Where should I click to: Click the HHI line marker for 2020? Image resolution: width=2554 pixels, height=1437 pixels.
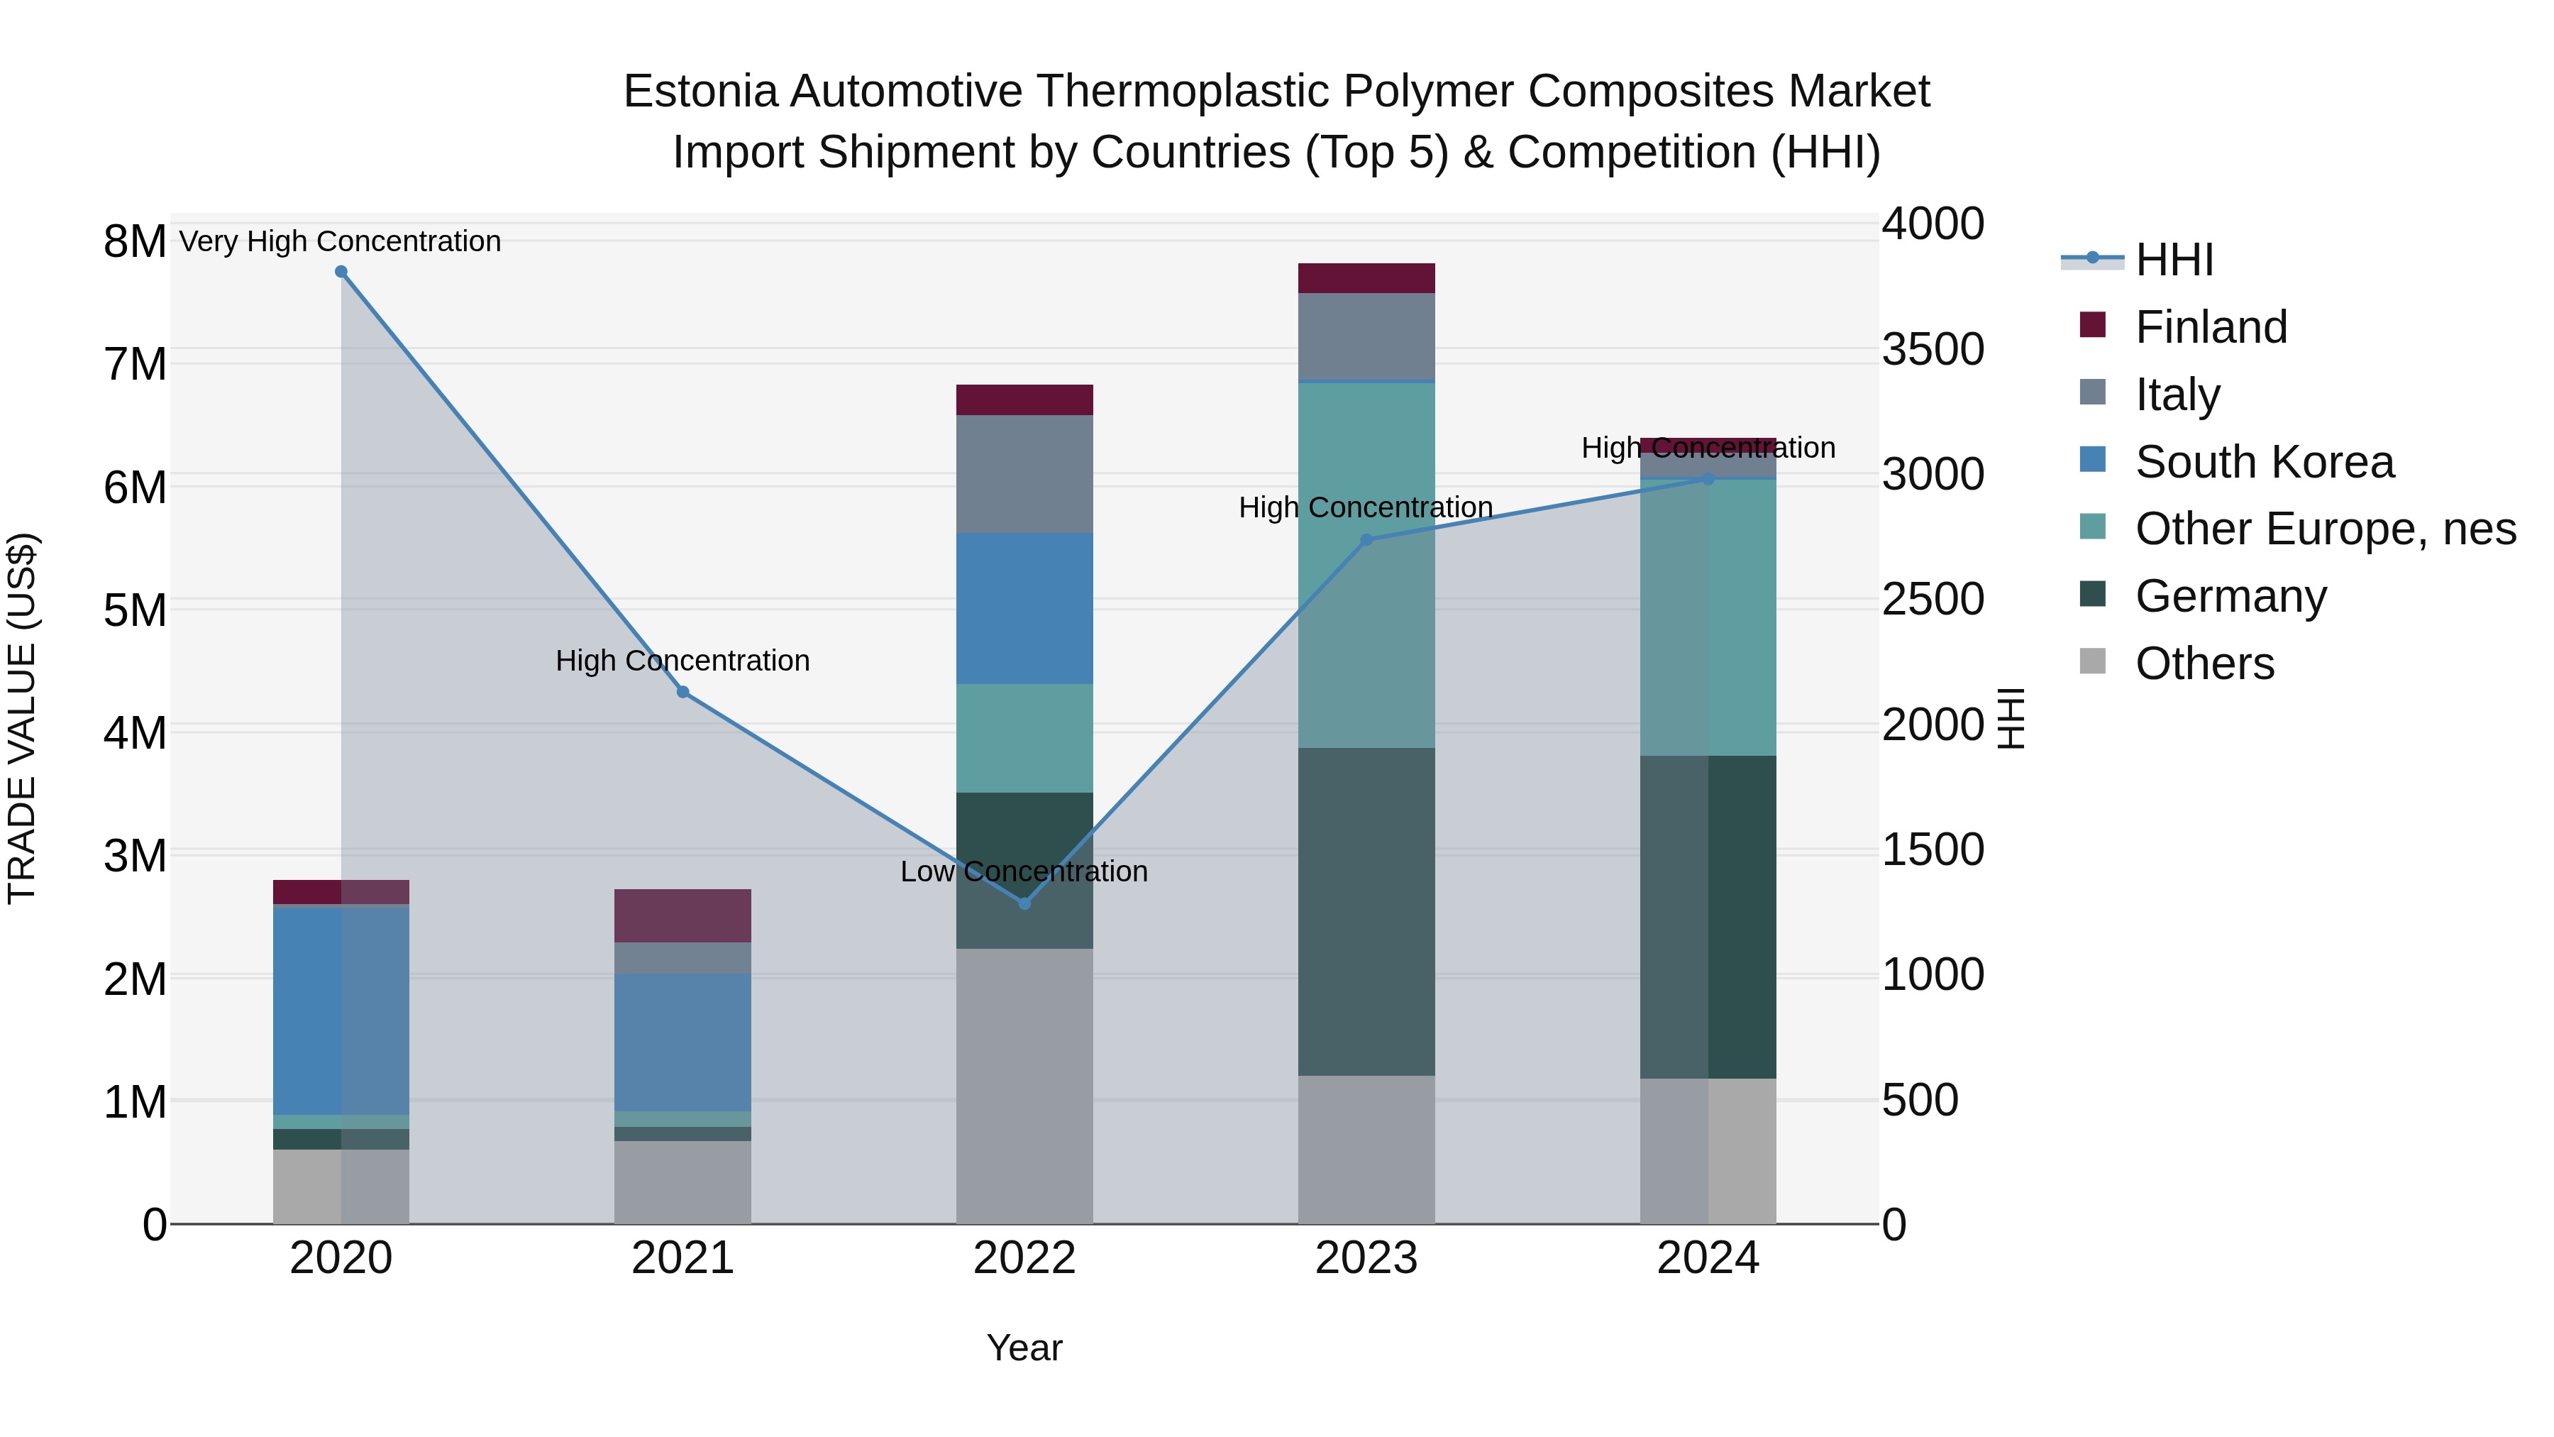[x=341, y=272]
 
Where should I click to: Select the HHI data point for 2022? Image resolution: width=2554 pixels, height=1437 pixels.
[x=1024, y=903]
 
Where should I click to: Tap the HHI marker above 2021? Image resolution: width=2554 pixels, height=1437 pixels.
[x=683, y=692]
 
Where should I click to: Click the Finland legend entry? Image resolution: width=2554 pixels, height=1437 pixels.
[x=2210, y=327]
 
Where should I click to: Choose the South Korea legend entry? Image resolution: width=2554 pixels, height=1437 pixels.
[x=2264, y=462]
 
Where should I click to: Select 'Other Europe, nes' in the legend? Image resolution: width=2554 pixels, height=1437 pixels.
[x=2324, y=529]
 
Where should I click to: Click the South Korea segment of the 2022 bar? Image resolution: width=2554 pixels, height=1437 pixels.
[x=1024, y=608]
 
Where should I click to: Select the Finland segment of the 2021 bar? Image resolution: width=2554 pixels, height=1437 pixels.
[x=683, y=915]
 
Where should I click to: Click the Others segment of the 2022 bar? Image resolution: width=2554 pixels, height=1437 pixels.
[x=1024, y=1086]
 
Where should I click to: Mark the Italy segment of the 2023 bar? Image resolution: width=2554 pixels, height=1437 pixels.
[x=1366, y=336]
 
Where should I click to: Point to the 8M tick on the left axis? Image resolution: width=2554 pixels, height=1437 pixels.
[x=135, y=242]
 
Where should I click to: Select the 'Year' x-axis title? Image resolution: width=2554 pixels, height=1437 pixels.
[x=1024, y=1348]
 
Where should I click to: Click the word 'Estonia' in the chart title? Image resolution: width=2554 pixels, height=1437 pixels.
[x=700, y=92]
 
